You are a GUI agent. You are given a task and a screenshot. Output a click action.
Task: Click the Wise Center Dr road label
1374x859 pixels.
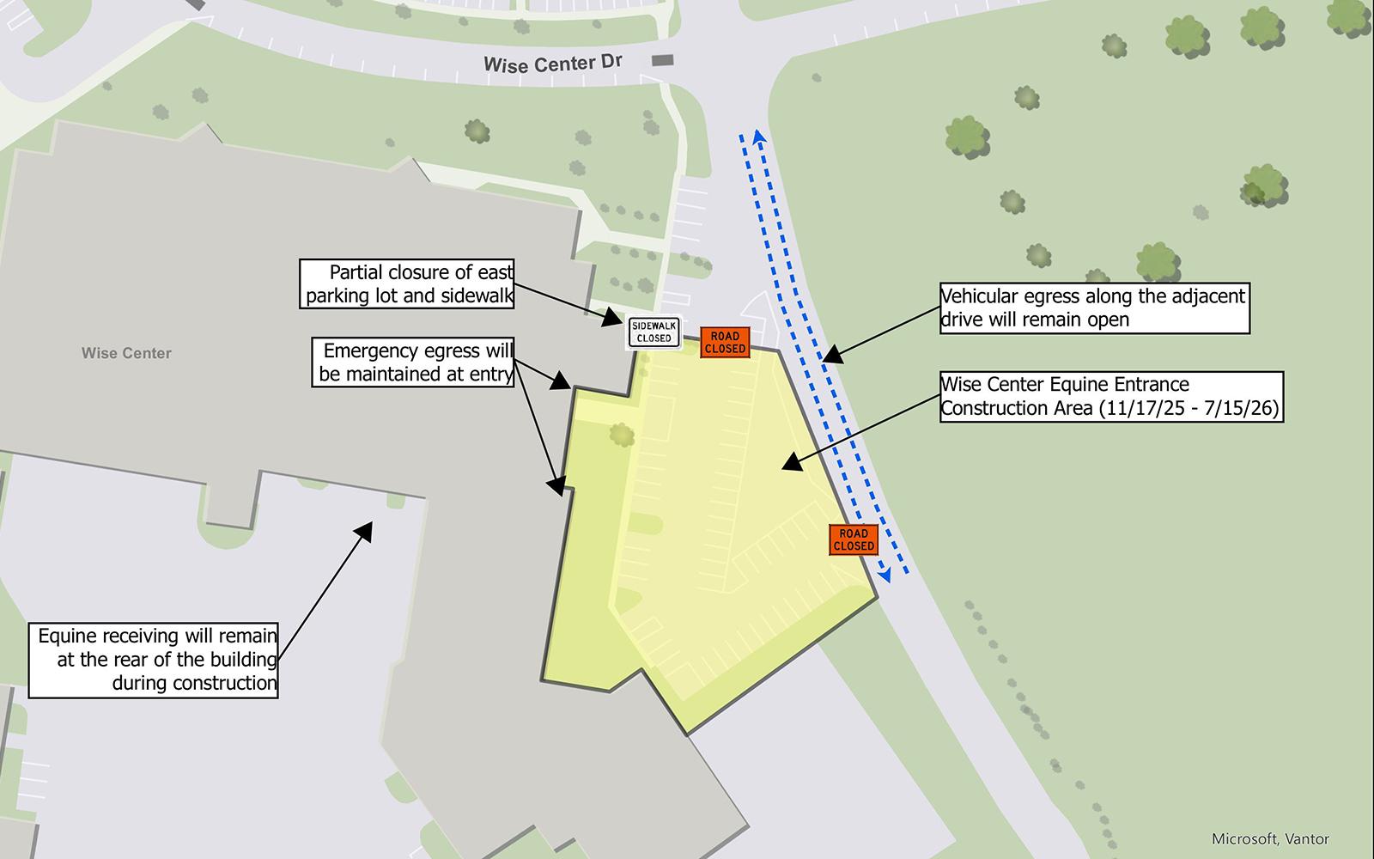[552, 64]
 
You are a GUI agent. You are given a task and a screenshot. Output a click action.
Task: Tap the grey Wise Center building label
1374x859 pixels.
[126, 353]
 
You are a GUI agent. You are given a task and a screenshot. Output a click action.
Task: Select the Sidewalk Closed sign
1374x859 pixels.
[654, 332]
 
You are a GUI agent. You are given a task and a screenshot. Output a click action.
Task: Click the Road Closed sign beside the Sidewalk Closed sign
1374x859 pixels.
[726, 342]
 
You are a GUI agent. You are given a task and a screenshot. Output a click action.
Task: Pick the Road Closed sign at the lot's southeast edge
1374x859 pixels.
[854, 539]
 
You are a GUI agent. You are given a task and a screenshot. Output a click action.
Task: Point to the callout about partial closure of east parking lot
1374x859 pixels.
[409, 284]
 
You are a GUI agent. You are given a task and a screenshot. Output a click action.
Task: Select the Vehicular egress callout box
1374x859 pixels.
[1093, 308]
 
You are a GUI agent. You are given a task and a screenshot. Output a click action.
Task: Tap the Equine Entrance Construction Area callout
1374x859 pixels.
[1111, 396]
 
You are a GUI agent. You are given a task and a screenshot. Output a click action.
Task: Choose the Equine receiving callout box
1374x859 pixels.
[155, 659]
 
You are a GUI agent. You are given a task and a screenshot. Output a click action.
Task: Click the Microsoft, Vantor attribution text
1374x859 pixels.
[1270, 838]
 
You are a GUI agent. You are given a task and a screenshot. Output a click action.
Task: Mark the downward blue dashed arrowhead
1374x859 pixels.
[885, 576]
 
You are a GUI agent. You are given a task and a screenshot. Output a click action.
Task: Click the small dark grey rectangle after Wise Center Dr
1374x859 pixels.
[663, 59]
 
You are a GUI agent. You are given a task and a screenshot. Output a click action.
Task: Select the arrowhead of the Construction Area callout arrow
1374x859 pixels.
[788, 464]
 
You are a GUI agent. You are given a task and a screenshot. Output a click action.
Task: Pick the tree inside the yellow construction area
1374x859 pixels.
[623, 435]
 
